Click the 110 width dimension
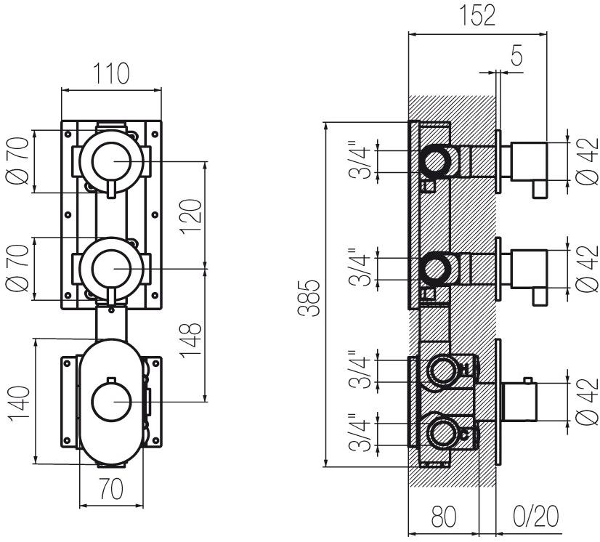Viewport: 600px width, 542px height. point(111,73)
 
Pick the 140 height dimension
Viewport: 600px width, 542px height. point(22,403)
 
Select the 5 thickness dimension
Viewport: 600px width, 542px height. point(516,57)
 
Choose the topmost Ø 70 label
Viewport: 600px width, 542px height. point(20,161)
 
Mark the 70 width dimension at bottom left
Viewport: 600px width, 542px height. point(111,490)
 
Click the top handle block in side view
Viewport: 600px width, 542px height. point(528,161)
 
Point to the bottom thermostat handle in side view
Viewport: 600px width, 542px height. point(520,400)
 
